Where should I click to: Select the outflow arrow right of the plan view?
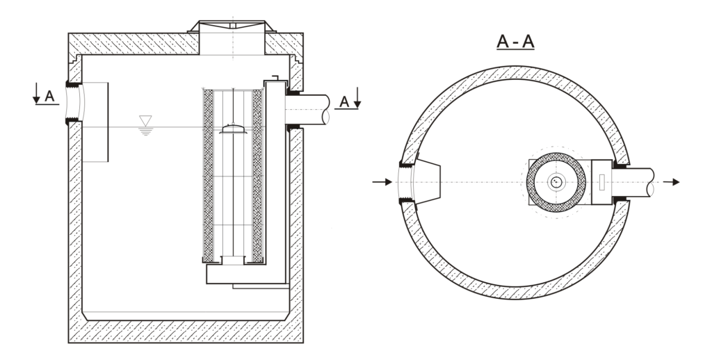click(x=672, y=182)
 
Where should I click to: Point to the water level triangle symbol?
click(x=145, y=121)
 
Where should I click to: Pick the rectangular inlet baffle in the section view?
click(x=95, y=122)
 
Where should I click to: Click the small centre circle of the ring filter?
click(x=556, y=182)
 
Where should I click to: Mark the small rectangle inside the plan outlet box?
click(x=601, y=182)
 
